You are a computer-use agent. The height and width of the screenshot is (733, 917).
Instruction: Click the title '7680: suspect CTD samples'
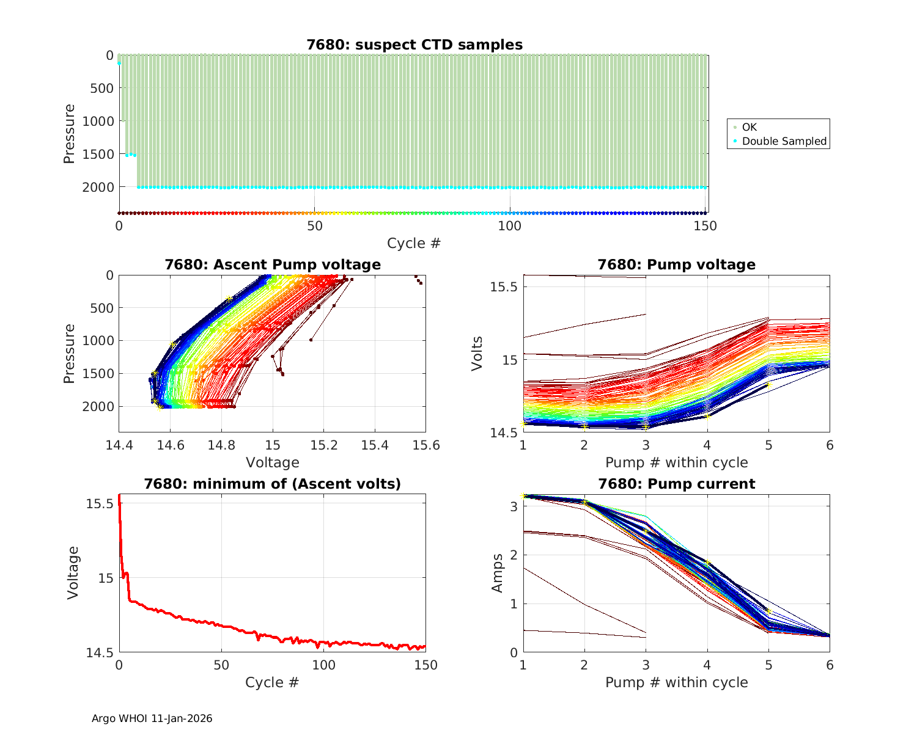[x=414, y=45]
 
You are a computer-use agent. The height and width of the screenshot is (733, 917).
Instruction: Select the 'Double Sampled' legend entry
[x=784, y=141]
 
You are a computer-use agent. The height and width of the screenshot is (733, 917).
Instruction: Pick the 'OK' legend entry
[x=749, y=127]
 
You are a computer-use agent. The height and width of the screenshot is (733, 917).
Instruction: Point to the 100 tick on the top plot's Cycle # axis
[x=510, y=226]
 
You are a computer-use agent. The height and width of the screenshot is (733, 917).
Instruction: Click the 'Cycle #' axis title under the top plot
[x=414, y=243]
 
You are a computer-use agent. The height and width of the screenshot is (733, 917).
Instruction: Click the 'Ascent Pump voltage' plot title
[x=272, y=264]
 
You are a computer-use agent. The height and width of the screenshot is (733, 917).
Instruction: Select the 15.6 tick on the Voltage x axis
[x=426, y=445]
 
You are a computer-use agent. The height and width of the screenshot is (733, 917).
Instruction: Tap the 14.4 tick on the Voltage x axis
[x=119, y=445]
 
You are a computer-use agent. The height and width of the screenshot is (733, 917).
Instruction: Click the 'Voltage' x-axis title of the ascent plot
[x=272, y=462]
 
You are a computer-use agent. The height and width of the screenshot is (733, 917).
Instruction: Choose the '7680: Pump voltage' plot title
[x=676, y=264]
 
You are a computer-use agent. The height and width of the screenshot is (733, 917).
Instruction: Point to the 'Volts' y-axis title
[x=477, y=353]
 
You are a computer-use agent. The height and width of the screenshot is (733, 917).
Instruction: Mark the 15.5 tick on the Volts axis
[x=504, y=286]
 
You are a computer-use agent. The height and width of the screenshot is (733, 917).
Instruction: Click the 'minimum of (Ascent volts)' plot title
[x=272, y=484]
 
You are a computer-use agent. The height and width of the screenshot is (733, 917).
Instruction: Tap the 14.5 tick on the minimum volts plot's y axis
[x=99, y=653]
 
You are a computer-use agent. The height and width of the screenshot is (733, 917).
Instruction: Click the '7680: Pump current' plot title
[x=676, y=484]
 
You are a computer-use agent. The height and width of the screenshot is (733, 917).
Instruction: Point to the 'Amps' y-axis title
[x=498, y=573]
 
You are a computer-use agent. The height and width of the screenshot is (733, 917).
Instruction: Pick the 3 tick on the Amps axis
[x=514, y=507]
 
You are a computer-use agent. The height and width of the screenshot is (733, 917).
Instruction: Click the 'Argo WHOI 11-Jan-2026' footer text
[x=152, y=718]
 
